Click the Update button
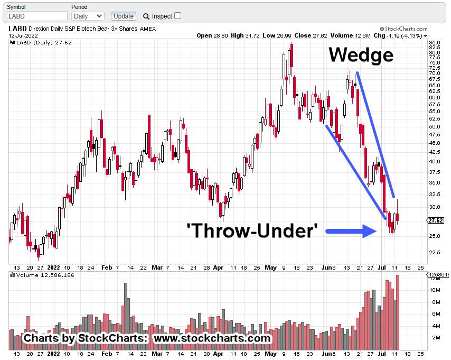point(123,16)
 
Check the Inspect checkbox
point(177,16)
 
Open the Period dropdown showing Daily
point(88,16)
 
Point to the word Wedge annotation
point(361,55)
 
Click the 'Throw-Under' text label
point(252,230)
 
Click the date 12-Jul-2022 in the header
point(23,36)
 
